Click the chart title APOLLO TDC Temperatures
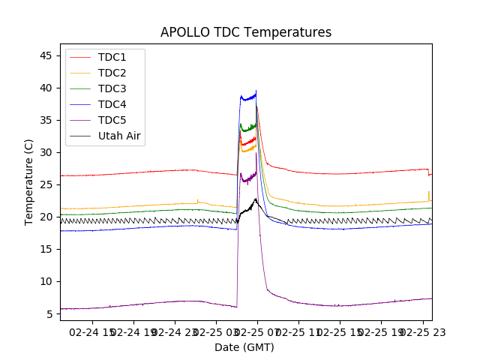[x=246, y=32]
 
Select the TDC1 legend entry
[x=112, y=57]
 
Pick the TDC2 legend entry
[x=112, y=73]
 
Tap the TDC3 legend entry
[x=112, y=88]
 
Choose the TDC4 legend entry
[x=112, y=104]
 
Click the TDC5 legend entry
[x=112, y=120]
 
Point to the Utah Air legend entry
[x=119, y=136]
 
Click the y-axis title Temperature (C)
[x=29, y=182]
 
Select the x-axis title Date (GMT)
[x=244, y=347]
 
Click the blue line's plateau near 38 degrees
[x=247, y=97]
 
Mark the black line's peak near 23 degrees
[x=256, y=199]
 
